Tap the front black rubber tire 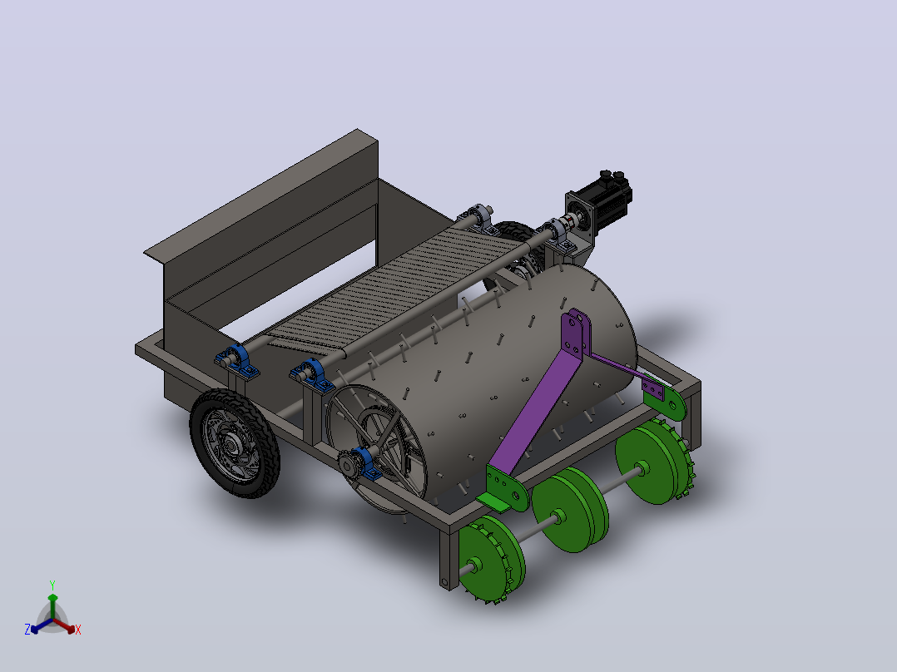(x=235, y=442)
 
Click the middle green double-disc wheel (x=570, y=510)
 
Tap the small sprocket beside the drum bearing (x=347, y=464)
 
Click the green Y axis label (x=52, y=586)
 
